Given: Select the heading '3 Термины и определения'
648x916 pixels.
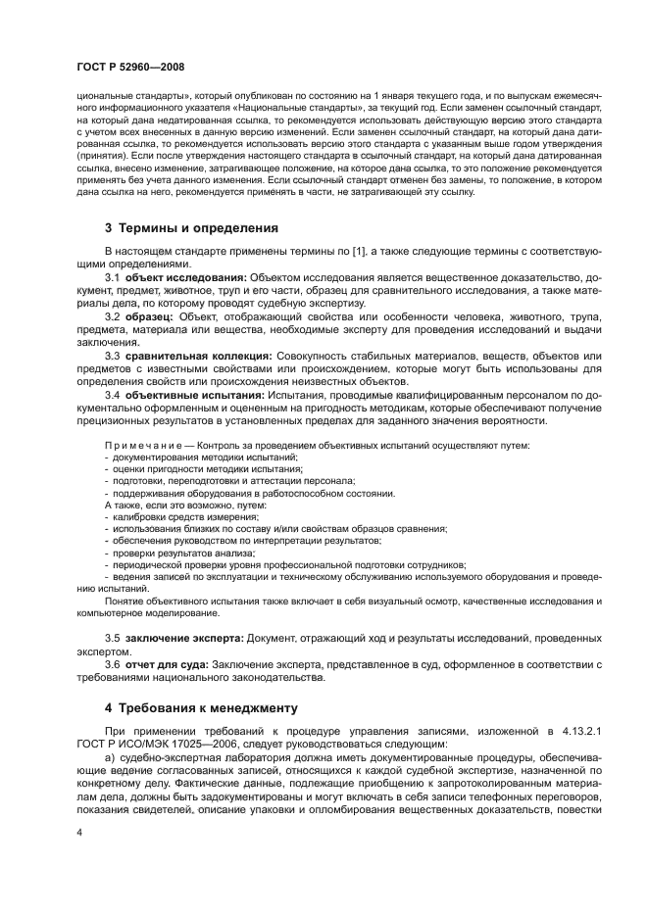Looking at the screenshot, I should pyautogui.click(x=191, y=227).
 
